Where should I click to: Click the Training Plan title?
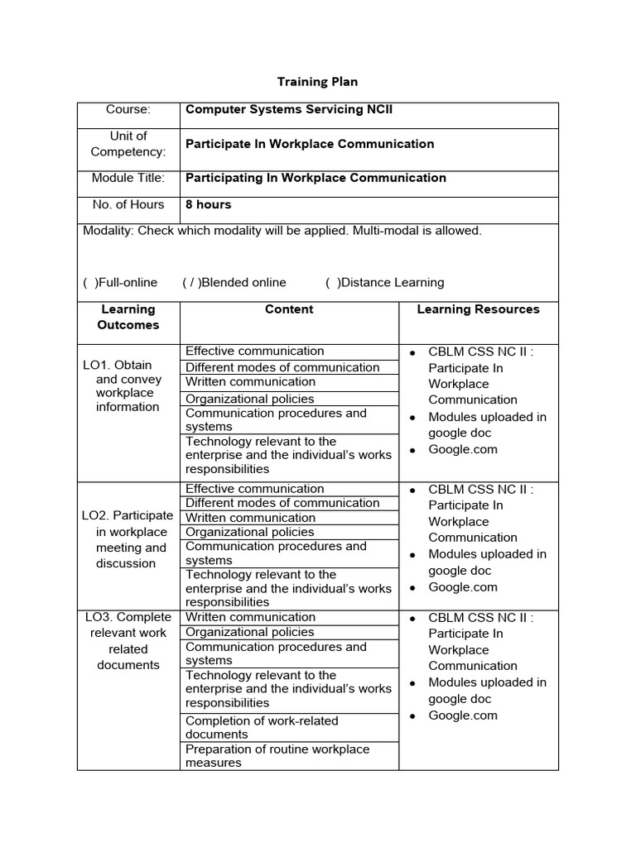click(x=317, y=82)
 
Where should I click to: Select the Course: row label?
click(x=128, y=109)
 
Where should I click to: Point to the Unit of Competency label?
click(x=128, y=144)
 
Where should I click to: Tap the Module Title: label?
click(x=128, y=178)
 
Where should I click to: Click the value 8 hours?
click(x=209, y=204)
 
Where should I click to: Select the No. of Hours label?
click(x=128, y=204)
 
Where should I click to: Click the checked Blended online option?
click(x=234, y=282)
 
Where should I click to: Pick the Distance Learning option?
click(x=385, y=282)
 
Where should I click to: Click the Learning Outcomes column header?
click(x=128, y=317)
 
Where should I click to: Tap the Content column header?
click(x=289, y=309)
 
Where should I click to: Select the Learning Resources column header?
click(x=478, y=309)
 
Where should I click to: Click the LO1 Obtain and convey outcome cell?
click(x=128, y=385)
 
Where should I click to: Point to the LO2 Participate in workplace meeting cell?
click(x=128, y=539)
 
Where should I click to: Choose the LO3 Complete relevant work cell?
click(x=128, y=641)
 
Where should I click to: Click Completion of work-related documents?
click(x=262, y=727)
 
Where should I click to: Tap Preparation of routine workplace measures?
click(x=277, y=756)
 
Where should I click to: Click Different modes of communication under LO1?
click(x=282, y=367)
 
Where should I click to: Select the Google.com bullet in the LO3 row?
click(x=463, y=715)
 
